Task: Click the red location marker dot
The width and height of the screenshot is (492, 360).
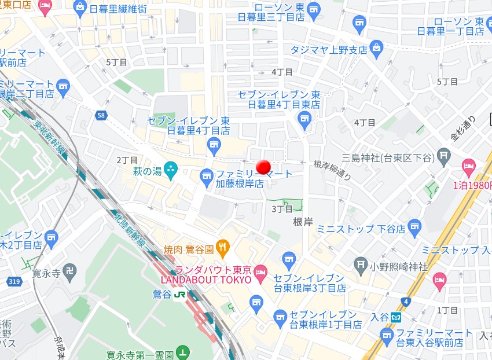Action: (263, 167)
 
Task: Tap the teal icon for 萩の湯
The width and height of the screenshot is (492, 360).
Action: (170, 170)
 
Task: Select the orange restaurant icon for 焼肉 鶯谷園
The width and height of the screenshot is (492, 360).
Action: (223, 249)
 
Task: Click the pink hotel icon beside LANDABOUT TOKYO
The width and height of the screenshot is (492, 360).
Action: (260, 270)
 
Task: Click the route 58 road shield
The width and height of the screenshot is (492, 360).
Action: (101, 116)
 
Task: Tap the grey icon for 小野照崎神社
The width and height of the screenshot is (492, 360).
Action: (362, 266)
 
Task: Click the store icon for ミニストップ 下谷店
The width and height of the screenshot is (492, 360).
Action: (414, 227)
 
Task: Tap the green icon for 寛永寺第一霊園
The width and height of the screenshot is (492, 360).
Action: (183, 351)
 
